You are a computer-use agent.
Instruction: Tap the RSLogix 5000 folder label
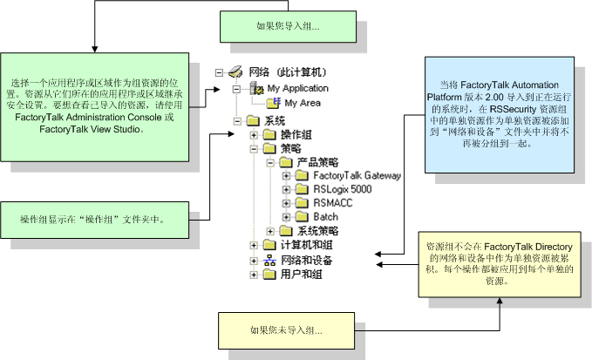pyautogui.click(x=343, y=189)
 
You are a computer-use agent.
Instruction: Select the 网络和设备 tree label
pyautogui.click(x=303, y=260)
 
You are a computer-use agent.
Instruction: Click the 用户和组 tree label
pyautogui.click(x=298, y=274)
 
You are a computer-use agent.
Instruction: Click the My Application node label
pyautogui.click(x=297, y=88)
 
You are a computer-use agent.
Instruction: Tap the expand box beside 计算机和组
pyautogui.click(x=254, y=246)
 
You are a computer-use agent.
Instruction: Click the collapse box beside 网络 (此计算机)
pyautogui.click(x=221, y=74)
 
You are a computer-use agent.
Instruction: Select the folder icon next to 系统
pyautogui.click(x=254, y=120)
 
